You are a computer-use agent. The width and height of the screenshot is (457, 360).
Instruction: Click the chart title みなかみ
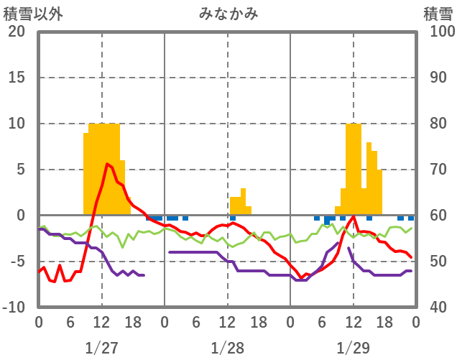228,14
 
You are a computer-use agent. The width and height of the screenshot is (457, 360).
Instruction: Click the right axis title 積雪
438,14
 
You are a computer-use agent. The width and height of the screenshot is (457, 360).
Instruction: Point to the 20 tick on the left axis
17,32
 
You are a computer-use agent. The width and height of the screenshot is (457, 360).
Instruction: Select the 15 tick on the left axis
17,78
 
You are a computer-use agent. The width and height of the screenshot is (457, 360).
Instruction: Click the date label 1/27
101,348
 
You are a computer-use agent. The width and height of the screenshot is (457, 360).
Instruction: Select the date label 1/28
228,348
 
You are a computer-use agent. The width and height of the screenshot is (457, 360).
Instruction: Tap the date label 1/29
354,348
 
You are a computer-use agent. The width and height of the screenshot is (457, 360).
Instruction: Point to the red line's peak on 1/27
107,164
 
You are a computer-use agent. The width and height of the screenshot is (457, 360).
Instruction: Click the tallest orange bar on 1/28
244,201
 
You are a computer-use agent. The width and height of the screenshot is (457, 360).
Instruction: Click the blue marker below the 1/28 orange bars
233,218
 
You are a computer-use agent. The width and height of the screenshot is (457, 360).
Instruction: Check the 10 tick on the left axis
17,124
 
